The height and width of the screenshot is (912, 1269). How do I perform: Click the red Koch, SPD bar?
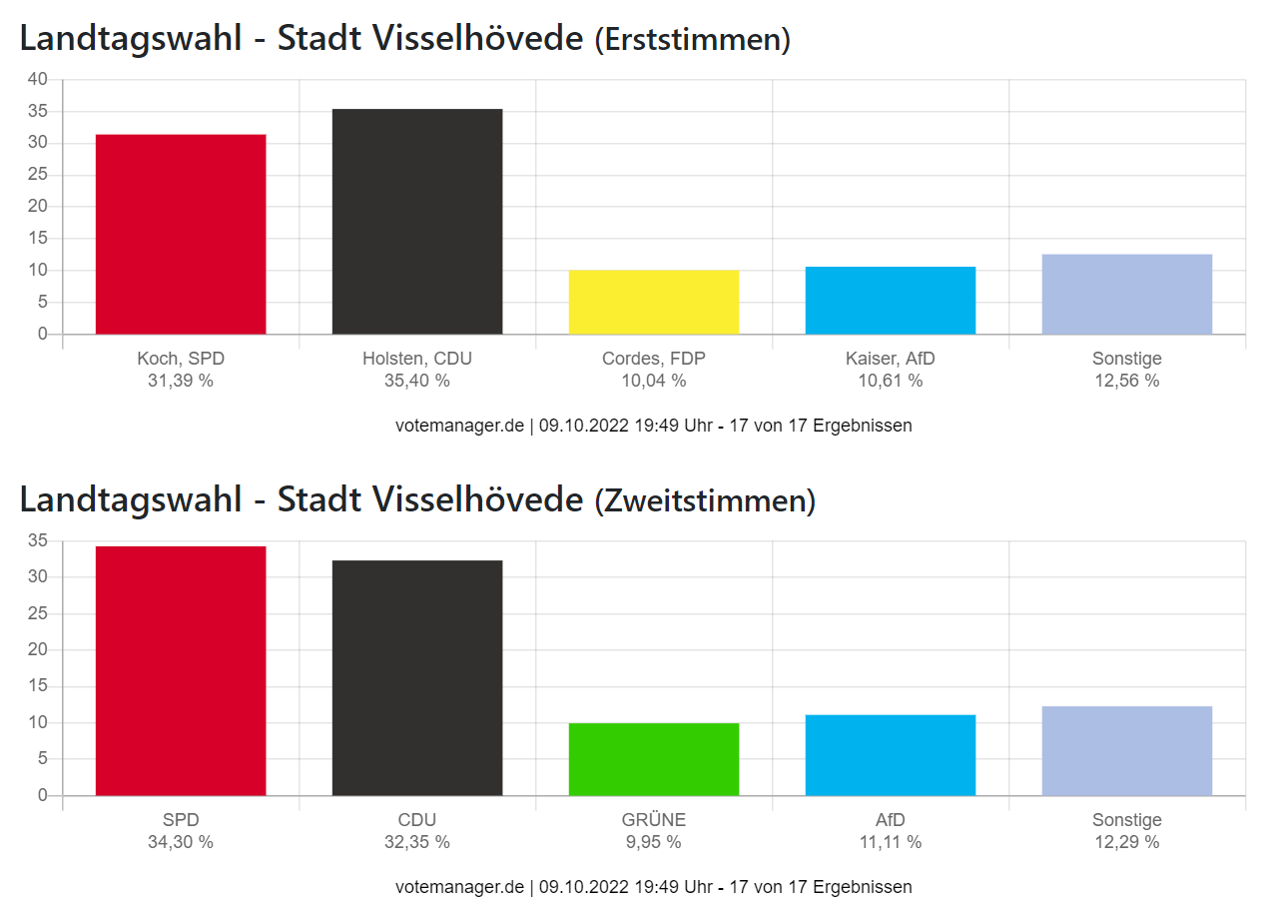click(x=181, y=234)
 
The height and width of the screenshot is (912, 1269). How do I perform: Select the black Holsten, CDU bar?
click(x=417, y=222)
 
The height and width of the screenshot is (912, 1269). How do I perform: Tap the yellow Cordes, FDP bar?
click(x=654, y=302)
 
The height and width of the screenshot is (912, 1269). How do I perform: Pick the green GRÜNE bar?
click(x=654, y=759)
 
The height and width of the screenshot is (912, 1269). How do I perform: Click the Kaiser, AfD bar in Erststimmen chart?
click(x=891, y=300)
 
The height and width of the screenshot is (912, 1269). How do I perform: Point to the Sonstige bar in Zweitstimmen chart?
click(x=1126, y=751)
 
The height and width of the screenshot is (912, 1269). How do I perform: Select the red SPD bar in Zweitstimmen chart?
click(x=181, y=670)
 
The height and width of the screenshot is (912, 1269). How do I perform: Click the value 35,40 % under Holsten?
click(x=417, y=381)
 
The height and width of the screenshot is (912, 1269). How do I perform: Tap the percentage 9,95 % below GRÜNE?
click(x=654, y=842)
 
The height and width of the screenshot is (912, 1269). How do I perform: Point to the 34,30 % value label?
click(x=181, y=842)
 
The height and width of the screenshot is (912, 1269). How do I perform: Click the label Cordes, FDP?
click(x=654, y=359)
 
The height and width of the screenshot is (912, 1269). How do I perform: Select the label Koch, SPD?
click(x=181, y=359)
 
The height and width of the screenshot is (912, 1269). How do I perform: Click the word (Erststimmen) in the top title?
click(x=692, y=40)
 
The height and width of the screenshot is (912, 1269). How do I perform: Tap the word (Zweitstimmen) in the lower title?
click(x=705, y=500)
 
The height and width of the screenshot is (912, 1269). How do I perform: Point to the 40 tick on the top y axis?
click(x=38, y=80)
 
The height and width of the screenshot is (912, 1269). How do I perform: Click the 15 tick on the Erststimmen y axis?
click(x=38, y=239)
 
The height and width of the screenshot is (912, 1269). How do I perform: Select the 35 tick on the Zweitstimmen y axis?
click(x=38, y=541)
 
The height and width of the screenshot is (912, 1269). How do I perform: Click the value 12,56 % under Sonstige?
click(x=1126, y=381)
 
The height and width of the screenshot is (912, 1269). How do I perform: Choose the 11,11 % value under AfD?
click(x=891, y=842)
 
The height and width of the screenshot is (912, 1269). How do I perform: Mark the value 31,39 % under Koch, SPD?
click(x=181, y=381)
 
